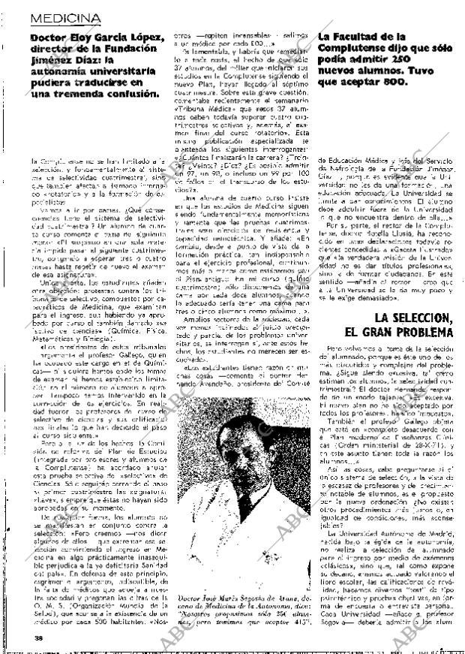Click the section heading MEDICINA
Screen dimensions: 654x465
click(x=65, y=17)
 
